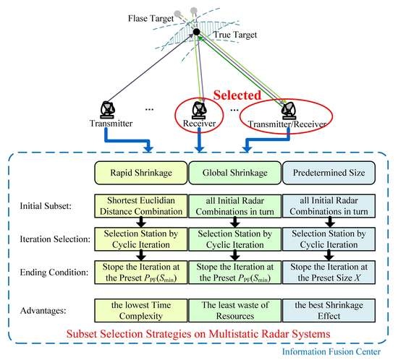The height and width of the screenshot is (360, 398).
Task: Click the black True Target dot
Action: click(195, 33)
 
